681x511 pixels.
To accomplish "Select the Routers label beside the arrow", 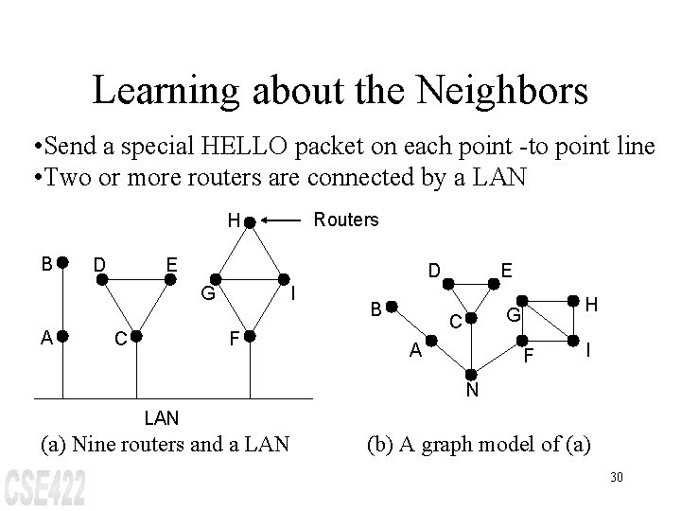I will [346, 220].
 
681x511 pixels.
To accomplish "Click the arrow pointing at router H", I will [288, 221].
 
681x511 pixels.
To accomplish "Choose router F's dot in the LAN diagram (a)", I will [250, 335].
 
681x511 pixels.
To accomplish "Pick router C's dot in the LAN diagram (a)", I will [136, 335].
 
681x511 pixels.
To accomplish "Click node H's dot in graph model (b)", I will [573, 302].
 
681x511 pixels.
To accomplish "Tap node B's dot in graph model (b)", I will [393, 308].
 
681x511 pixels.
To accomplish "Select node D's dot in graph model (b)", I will [449, 281].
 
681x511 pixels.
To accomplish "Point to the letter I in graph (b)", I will [589, 350].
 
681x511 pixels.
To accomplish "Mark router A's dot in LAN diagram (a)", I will [62, 335].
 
